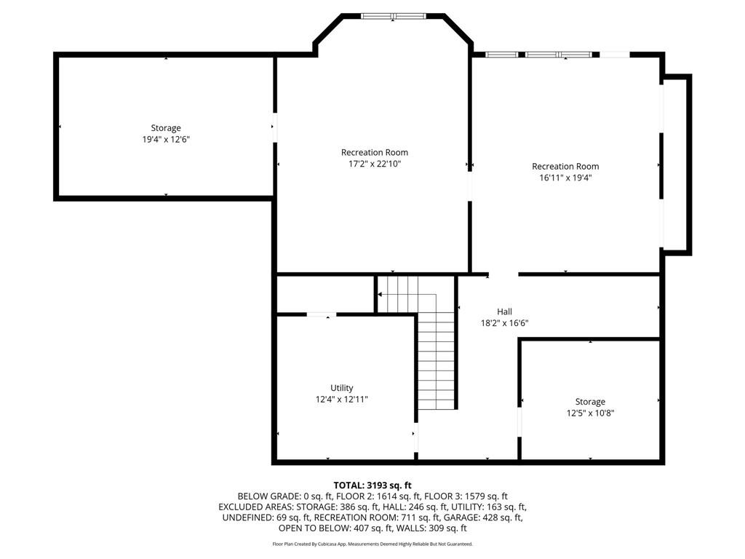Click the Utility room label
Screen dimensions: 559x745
341,388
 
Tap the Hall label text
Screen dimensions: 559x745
504,312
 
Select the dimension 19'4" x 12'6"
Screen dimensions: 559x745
166,140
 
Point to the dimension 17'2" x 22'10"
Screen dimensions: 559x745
375,164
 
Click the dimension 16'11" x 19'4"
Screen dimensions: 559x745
565,178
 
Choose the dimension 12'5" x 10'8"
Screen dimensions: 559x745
589,413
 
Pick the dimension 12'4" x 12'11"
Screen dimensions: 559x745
341,400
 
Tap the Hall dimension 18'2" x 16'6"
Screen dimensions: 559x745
504,323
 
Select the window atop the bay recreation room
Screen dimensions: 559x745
393,15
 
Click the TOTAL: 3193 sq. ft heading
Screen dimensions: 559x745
372,485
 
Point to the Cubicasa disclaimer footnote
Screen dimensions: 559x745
372,544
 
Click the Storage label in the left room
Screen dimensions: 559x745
166,128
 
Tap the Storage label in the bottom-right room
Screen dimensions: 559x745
590,402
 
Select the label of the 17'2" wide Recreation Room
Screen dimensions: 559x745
375,152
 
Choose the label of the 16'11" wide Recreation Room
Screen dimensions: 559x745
565,167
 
